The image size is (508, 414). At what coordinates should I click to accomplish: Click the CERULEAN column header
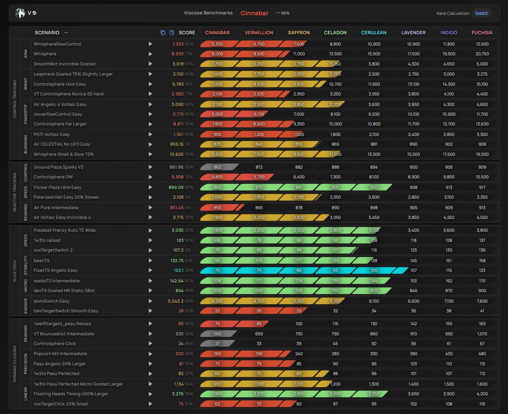[374, 33]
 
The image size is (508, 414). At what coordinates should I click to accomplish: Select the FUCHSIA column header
[482, 33]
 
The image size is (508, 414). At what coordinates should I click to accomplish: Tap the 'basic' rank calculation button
[481, 13]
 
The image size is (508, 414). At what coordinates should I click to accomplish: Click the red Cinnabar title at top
[254, 13]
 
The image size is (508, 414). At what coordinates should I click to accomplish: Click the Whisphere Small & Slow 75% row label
[63, 154]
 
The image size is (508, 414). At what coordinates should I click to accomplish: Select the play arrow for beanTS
[150, 261]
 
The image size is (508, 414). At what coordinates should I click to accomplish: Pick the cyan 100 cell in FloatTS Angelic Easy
[374, 271]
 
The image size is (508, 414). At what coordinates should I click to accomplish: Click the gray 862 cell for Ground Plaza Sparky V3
[217, 167]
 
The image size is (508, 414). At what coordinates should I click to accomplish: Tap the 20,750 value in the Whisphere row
[482, 54]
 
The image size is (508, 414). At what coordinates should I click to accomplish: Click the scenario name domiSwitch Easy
[51, 301]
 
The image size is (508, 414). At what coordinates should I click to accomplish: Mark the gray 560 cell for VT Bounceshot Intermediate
[217, 334]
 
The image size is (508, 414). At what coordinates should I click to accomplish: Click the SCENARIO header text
[47, 33]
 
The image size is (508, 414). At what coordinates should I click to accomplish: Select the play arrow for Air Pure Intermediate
[150, 208]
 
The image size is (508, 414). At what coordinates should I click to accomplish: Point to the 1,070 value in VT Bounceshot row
[482, 334]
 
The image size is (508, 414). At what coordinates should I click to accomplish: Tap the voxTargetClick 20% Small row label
[61, 404]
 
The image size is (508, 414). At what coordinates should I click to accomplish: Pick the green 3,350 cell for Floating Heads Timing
[374, 394]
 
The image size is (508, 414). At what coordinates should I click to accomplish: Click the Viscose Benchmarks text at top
[208, 13]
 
